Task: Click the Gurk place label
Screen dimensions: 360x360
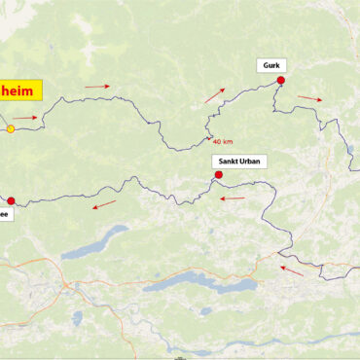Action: point(271,65)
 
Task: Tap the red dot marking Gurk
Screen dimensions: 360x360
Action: point(281,81)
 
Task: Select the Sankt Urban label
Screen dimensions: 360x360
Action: point(238,162)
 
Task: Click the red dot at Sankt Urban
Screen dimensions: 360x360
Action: point(218,175)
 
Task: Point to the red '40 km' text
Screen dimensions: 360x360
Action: point(223,141)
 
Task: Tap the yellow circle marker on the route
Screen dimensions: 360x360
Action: point(11,128)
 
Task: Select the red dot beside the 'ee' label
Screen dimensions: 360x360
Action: point(11,200)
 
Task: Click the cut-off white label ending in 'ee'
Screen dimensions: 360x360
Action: point(4,216)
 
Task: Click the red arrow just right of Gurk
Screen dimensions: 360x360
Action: point(309,97)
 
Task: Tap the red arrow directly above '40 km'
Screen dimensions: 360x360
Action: point(214,95)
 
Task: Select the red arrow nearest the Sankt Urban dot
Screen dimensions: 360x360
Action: point(232,198)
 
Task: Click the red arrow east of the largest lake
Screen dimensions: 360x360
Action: point(292,270)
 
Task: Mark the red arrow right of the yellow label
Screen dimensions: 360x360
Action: point(97,87)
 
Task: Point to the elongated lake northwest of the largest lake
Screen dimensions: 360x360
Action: point(95,242)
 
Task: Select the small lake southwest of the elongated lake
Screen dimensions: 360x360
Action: point(78,317)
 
